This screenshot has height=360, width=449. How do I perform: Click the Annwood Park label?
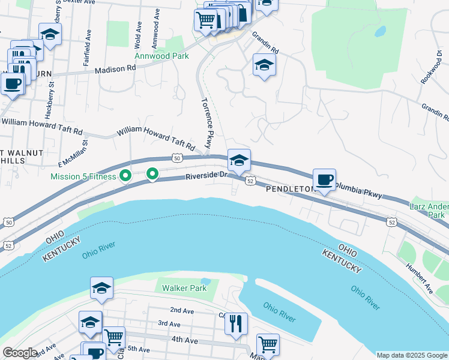click(161, 56)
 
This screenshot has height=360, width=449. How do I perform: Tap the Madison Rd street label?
click(116, 70)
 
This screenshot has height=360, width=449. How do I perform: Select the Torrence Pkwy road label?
click(206, 123)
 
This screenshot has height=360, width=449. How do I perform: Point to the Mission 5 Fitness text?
click(83, 176)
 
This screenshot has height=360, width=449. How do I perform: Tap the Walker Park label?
click(184, 288)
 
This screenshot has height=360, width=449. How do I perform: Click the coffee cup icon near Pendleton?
click(325, 180)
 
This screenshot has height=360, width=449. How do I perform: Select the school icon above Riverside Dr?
click(239, 161)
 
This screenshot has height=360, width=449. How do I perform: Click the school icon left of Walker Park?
click(102, 289)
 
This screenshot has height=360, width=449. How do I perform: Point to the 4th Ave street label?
click(185, 340)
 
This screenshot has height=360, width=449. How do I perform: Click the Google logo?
click(19, 353)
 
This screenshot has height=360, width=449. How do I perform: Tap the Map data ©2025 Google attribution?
click(411, 355)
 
